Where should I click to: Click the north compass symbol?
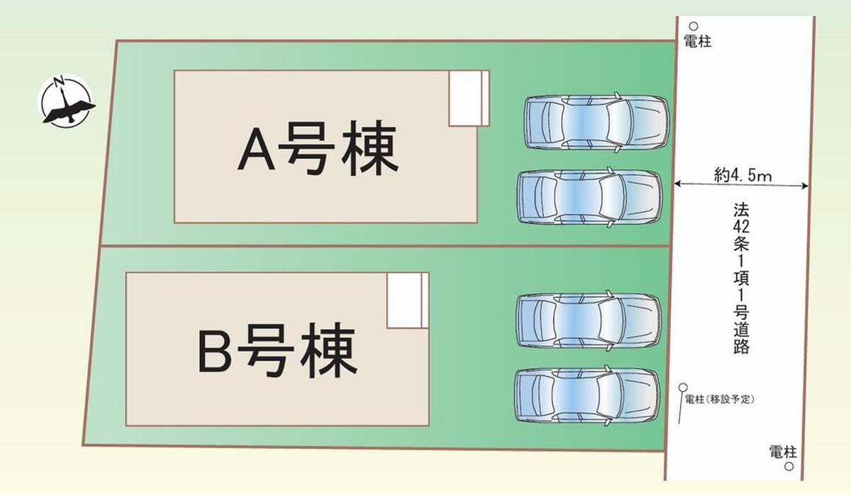66,101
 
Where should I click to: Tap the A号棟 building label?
317,150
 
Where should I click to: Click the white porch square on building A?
467,98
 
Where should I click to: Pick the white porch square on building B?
406,300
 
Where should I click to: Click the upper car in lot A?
596,121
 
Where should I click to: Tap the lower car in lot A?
590,197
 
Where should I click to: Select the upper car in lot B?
589,321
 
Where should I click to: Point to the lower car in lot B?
588,396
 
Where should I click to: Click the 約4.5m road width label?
742,174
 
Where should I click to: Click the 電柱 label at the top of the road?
697,42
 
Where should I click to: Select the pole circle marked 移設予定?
683,387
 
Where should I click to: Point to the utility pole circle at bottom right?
789,467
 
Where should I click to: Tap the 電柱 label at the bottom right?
784,451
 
